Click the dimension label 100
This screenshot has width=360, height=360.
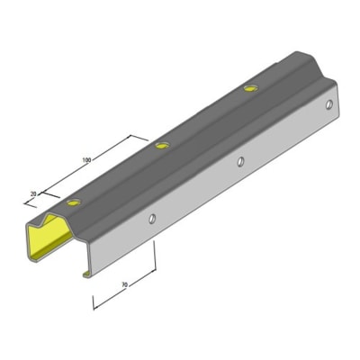(86, 160)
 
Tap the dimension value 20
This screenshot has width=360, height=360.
(33, 194)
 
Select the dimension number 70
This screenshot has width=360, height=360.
(125, 284)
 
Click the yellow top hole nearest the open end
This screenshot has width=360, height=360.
(74, 202)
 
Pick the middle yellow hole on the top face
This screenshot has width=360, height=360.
(162, 146)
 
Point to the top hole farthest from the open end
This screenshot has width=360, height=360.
(251, 88)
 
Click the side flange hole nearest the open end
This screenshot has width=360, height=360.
(152, 219)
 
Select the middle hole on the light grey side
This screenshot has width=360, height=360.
(240, 162)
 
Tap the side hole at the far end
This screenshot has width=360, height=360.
(329, 104)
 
